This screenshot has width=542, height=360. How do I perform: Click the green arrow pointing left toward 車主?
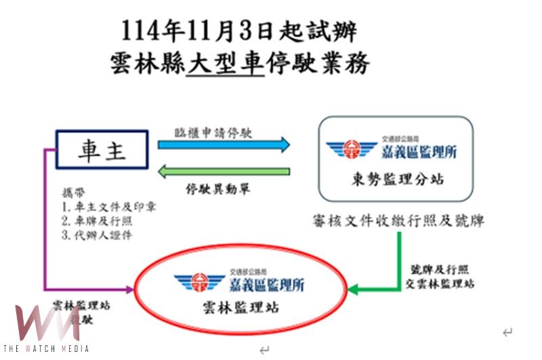(224, 172)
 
